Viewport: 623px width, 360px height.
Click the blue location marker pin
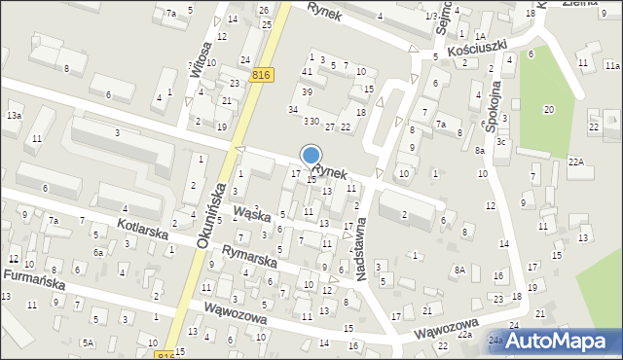311,157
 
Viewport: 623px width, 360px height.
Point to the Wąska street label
251,213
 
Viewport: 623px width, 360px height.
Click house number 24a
495,341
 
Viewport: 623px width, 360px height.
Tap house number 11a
611,64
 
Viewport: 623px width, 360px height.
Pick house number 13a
13,116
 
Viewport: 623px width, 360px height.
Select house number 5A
88,342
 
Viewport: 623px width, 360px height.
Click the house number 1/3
430,18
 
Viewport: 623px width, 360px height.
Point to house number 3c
499,142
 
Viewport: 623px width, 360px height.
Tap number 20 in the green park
549,109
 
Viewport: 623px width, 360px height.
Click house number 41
307,72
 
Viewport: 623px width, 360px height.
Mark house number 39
307,91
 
